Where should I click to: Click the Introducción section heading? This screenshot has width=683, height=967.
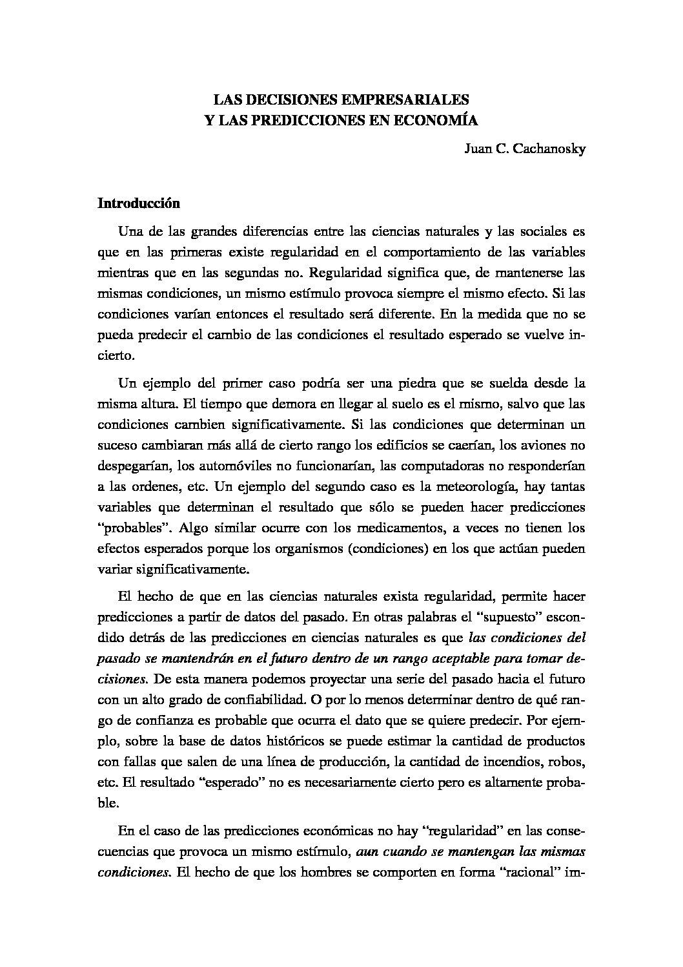138,203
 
